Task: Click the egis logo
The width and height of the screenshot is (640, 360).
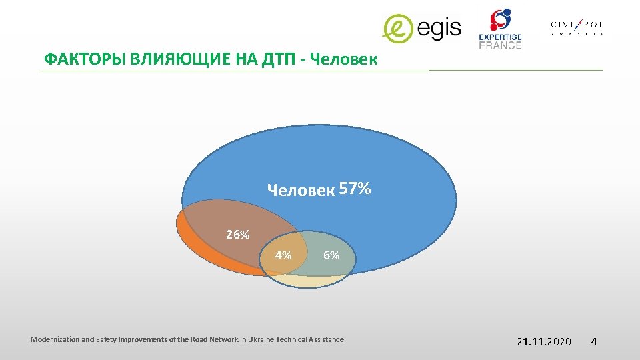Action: pos(421,27)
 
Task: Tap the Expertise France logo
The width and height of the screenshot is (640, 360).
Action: pos(500,28)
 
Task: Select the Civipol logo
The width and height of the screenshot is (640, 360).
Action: pos(577,27)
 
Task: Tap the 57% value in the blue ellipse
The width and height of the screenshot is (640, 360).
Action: pos(355,189)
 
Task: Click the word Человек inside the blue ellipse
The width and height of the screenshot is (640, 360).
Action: pos(301,191)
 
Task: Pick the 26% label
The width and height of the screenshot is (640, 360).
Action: pos(237,235)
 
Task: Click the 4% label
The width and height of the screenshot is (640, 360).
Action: pos(283,255)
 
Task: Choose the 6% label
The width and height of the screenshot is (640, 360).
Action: pos(331,255)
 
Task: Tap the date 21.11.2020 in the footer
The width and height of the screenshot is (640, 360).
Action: pos(544,341)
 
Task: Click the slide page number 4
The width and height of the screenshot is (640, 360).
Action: pos(593,341)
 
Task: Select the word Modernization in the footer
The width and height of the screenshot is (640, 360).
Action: pos(55,339)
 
